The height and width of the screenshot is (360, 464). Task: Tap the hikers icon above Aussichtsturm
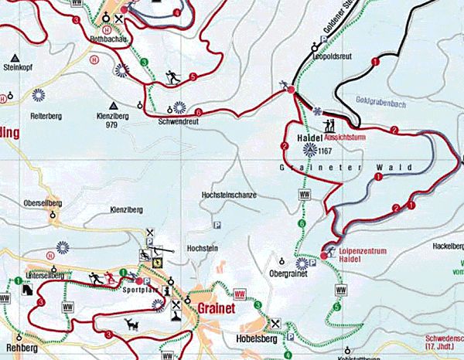[329, 124]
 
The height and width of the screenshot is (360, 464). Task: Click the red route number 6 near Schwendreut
[199, 113]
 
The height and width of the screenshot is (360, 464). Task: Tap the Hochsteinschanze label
[228, 195]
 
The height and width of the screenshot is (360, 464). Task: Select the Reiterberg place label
[45, 116]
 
